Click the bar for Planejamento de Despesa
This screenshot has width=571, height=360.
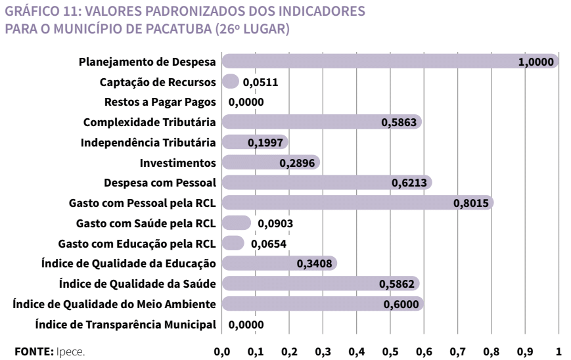coord(368,62)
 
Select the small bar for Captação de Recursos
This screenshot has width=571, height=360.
coord(230,82)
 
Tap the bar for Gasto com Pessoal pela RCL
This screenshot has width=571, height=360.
coord(335,203)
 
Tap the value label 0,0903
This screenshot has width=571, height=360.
coord(275,223)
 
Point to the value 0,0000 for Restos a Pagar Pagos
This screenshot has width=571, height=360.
coord(246,102)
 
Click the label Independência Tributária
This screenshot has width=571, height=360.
coord(148,143)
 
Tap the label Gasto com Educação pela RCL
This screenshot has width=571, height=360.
coord(137,243)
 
